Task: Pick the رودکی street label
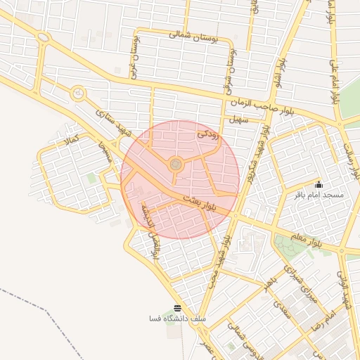(x=209, y=132)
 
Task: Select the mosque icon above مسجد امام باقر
(x=319, y=184)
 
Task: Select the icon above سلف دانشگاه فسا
(x=177, y=309)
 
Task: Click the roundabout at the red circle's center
(x=176, y=165)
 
